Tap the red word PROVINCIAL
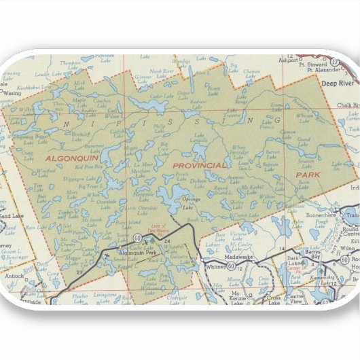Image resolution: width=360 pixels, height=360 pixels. click(199, 166)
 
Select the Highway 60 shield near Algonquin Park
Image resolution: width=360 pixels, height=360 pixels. click(137, 238)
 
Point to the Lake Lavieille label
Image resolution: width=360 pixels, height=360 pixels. click(200, 140)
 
